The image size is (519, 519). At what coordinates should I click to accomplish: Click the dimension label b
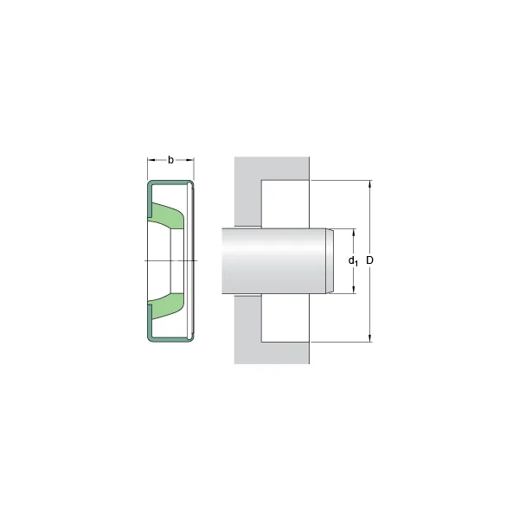(x=170, y=160)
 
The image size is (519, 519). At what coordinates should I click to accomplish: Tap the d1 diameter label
(x=353, y=261)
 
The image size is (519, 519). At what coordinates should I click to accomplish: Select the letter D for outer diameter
(x=369, y=260)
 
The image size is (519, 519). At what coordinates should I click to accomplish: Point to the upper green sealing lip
(x=166, y=215)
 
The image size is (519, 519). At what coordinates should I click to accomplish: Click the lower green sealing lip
(x=166, y=306)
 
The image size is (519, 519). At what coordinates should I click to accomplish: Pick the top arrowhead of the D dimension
(x=370, y=185)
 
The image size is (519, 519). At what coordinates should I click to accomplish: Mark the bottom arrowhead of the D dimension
(x=370, y=337)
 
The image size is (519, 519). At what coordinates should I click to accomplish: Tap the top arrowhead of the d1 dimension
(x=354, y=233)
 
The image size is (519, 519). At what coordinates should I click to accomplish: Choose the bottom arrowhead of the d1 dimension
(x=354, y=289)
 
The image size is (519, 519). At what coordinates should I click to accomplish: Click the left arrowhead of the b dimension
(x=151, y=160)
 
